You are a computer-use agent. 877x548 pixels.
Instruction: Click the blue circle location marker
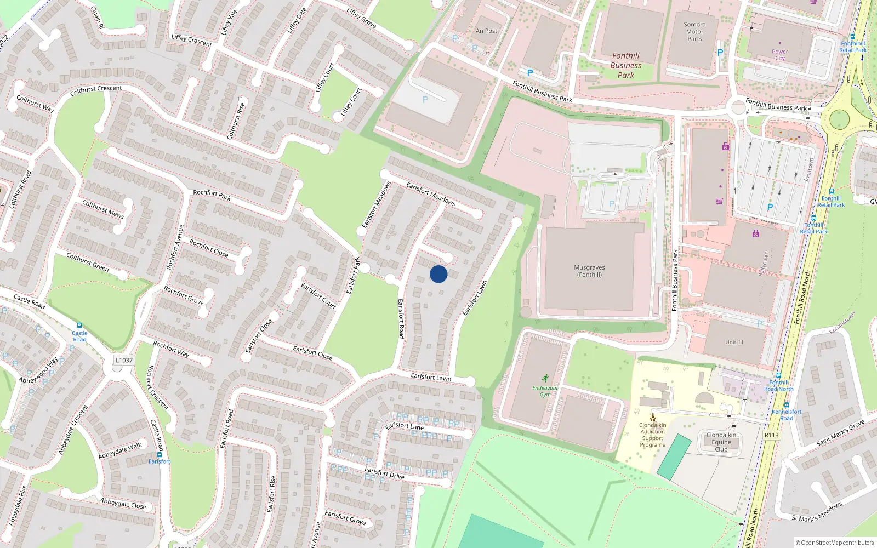(x=438, y=274)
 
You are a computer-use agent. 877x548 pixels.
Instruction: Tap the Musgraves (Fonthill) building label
(x=589, y=271)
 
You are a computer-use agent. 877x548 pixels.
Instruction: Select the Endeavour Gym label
(x=545, y=391)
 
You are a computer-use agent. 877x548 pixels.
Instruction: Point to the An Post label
(x=486, y=31)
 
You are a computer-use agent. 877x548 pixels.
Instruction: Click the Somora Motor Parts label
(x=694, y=32)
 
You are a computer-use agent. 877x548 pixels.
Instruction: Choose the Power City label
(x=779, y=55)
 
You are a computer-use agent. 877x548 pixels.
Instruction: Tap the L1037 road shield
(x=124, y=360)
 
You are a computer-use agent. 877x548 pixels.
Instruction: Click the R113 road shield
(x=771, y=435)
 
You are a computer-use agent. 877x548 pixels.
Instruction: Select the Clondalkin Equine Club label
(x=721, y=442)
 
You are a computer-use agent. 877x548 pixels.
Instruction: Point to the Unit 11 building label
(x=734, y=342)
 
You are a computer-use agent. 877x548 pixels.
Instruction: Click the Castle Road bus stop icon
(x=79, y=326)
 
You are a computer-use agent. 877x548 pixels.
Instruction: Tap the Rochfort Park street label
(x=212, y=195)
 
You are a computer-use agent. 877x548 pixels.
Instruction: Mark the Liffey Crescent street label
(x=191, y=40)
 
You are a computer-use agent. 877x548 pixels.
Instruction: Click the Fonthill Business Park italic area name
(x=625, y=65)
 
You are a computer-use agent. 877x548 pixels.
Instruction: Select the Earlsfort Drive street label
(x=384, y=473)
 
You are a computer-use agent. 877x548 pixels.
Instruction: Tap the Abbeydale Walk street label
(x=120, y=451)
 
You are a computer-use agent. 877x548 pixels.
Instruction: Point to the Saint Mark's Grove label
(x=840, y=432)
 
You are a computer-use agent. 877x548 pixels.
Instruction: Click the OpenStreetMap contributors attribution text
(x=836, y=543)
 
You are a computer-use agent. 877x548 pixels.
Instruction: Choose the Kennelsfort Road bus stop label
(x=787, y=415)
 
